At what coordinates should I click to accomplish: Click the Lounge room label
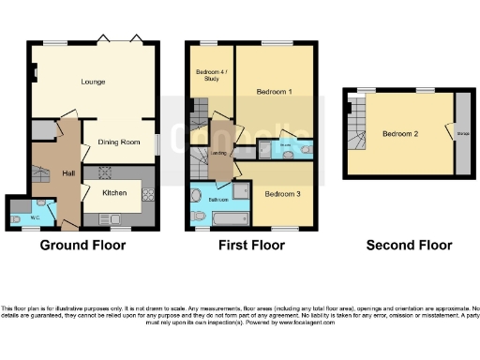pos(93,82)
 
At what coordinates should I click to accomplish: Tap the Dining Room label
pos(118,142)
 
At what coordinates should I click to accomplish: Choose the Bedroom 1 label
pos(277,92)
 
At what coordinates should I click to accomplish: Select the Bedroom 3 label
pos(281,194)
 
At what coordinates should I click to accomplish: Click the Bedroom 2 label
pos(400,133)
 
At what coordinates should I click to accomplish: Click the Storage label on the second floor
pos(461,133)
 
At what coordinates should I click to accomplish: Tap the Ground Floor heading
pos(82,246)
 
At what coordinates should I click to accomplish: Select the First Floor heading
pos(251,246)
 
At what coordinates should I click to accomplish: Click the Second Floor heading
pos(409,246)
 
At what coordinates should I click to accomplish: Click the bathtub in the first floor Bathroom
pos(229,219)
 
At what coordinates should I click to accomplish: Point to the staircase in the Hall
pos(41,173)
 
